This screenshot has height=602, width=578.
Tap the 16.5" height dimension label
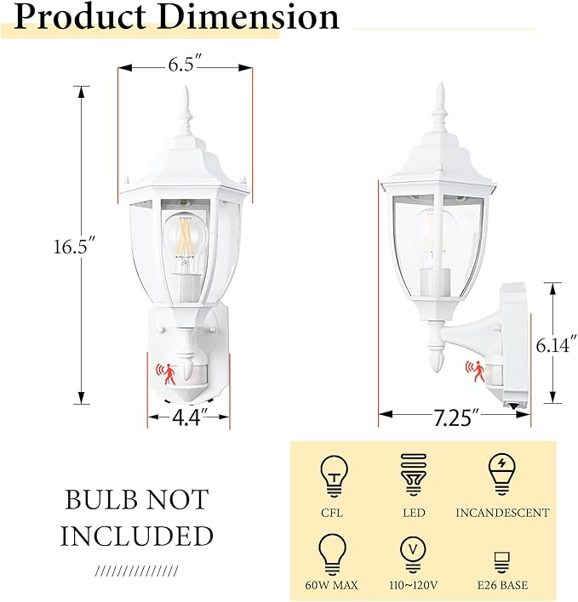pyautogui.click(x=71, y=247)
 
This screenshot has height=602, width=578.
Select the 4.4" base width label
pyautogui.click(x=189, y=418)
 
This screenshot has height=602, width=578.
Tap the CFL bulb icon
pyautogui.click(x=334, y=474)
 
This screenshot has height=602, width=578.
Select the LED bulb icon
pyautogui.click(x=414, y=473)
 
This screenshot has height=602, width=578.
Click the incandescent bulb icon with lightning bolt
pyautogui.click(x=501, y=473)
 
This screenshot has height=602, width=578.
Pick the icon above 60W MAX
pyautogui.click(x=334, y=554)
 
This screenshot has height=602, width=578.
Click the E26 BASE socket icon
pyautogui.click(x=501, y=561)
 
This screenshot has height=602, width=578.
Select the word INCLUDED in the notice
pyautogui.click(x=136, y=536)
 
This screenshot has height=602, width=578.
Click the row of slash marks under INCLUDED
pyautogui.click(x=136, y=570)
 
